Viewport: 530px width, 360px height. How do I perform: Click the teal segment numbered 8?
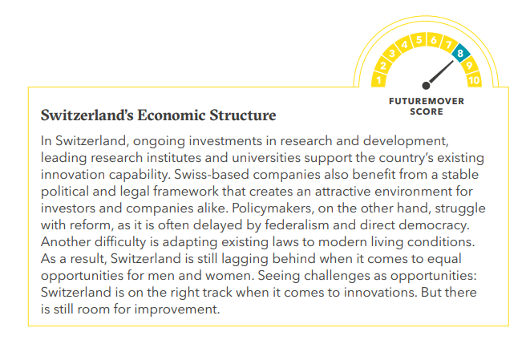461,53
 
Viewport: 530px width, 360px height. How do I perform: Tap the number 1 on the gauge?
379,80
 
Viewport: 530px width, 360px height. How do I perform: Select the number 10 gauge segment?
474,79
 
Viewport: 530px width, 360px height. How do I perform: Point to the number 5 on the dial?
419,40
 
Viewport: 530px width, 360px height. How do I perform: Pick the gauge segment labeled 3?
391,54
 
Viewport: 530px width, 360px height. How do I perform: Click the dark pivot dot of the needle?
427,86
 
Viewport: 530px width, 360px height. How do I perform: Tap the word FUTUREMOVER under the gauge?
427,101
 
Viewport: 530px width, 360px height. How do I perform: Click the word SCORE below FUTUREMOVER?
427,111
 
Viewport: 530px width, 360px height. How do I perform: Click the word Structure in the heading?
243,115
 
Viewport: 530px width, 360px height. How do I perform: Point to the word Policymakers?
273,208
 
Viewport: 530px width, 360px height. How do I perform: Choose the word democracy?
435,225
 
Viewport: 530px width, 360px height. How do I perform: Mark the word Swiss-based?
212,175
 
